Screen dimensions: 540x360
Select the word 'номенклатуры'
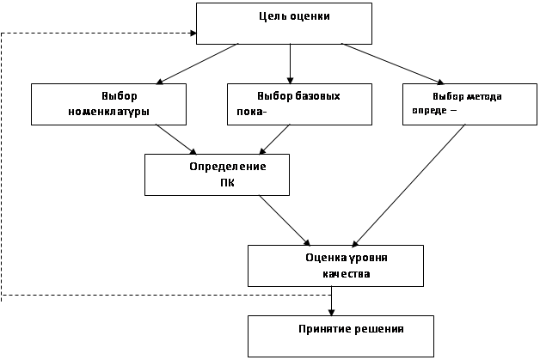point(109,113)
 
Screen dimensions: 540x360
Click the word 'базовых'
point(318,96)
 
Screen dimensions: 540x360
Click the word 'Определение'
point(228,167)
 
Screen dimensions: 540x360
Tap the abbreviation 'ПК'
point(227,183)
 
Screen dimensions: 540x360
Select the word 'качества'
point(347,274)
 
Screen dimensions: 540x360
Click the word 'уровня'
point(368,258)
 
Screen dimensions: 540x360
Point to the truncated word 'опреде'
point(429,111)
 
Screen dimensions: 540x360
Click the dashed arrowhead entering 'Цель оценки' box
point(193,33)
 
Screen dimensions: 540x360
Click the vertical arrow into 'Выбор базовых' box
point(290,64)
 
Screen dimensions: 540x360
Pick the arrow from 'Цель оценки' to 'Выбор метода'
point(393,64)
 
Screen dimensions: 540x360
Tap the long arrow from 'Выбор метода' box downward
point(408,186)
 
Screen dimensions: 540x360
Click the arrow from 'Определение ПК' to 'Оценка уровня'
point(285,220)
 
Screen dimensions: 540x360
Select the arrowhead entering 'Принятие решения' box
point(331,312)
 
